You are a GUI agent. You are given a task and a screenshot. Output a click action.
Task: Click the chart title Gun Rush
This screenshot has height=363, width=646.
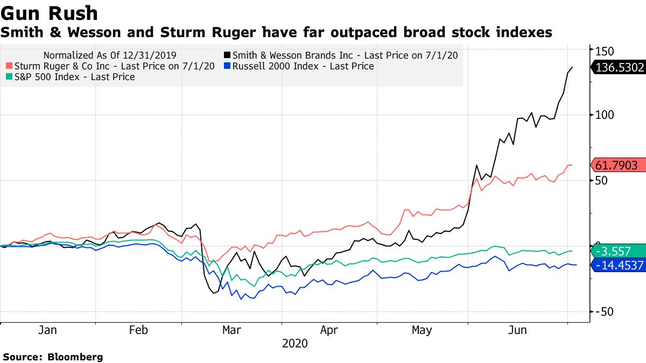tap(50, 12)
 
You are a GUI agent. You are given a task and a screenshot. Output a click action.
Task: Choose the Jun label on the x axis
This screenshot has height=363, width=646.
tap(518, 330)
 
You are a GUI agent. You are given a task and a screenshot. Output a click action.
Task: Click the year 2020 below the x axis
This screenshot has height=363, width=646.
tap(295, 344)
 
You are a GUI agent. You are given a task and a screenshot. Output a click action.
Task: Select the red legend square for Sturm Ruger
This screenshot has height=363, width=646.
tap(9, 66)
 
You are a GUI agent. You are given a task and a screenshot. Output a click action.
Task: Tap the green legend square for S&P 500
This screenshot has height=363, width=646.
tap(9, 77)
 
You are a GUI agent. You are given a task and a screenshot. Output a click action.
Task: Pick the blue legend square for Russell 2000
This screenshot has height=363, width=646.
tap(227, 66)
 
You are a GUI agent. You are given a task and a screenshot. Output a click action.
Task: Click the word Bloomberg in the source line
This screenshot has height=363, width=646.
tap(75, 357)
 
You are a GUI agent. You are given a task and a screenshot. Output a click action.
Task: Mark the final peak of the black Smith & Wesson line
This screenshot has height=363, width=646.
tap(572, 67)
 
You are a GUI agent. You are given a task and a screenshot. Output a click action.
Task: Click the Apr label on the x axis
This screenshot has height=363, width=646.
tap(329, 330)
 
